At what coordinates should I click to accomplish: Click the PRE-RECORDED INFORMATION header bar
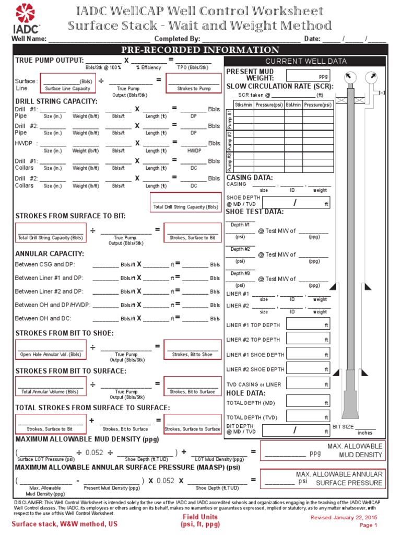click(x=200, y=50)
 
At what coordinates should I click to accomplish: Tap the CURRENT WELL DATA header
click(x=305, y=61)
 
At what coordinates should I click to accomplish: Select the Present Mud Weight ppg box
click(x=309, y=76)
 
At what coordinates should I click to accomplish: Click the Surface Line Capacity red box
click(x=67, y=84)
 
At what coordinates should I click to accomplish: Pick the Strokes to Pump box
click(x=194, y=84)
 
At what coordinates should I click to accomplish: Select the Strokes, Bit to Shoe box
click(x=192, y=350)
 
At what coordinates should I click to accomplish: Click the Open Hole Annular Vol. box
click(x=51, y=350)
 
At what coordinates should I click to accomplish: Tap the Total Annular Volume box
click(x=51, y=387)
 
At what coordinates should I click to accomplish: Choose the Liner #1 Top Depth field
click(x=309, y=324)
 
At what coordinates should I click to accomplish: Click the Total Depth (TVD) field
click(x=309, y=417)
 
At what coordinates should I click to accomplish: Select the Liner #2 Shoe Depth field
click(x=309, y=369)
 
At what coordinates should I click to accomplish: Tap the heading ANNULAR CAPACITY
click(x=50, y=253)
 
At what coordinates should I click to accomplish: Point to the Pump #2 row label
click(x=230, y=141)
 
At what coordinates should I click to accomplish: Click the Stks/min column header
click(x=243, y=105)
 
